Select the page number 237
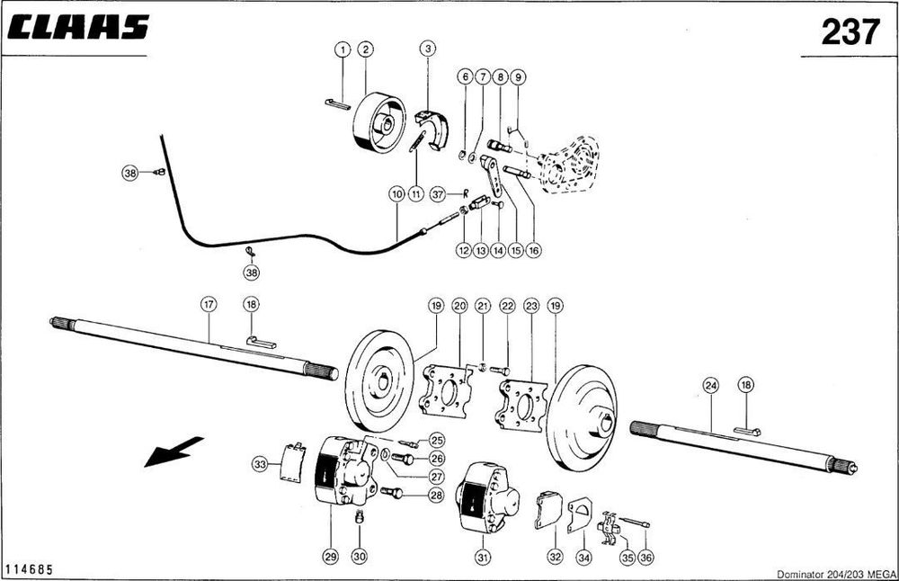(x=850, y=32)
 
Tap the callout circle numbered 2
(x=365, y=50)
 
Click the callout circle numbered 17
(x=208, y=306)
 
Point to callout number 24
(x=711, y=387)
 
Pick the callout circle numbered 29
(x=330, y=558)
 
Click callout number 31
(x=484, y=558)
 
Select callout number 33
(x=260, y=464)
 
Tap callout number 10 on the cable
(x=396, y=193)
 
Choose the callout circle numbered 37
(x=438, y=193)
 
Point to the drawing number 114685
(x=28, y=569)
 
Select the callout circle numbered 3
(x=428, y=50)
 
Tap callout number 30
(x=360, y=558)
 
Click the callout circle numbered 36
(x=646, y=558)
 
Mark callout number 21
(x=483, y=306)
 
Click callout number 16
(x=533, y=251)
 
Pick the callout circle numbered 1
(x=343, y=50)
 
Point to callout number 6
(x=465, y=77)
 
